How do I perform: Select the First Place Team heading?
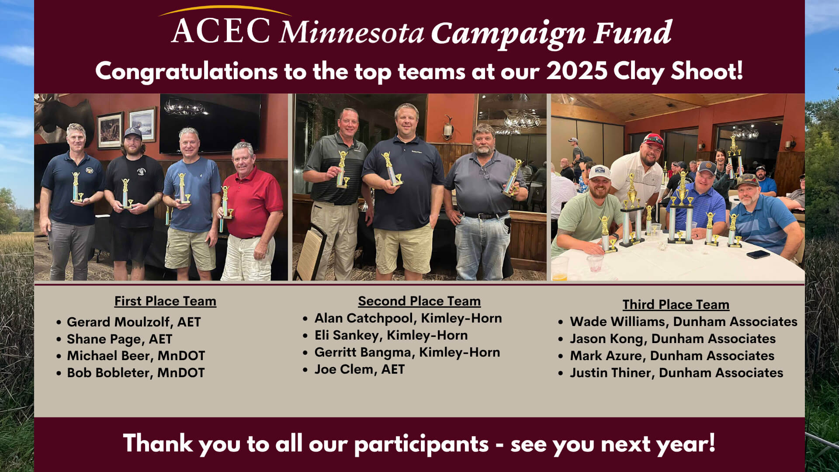point(165,301)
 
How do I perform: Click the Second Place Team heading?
point(419,301)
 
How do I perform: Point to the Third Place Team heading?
point(676,305)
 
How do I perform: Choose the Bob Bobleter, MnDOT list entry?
point(135,373)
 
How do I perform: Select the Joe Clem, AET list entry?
point(359,369)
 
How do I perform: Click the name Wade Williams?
point(617,322)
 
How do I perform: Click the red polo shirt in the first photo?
point(253,201)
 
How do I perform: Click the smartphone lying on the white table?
point(758,254)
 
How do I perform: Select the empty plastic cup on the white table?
point(594,263)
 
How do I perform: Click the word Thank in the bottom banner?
point(158,443)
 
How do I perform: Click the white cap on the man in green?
point(599,172)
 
